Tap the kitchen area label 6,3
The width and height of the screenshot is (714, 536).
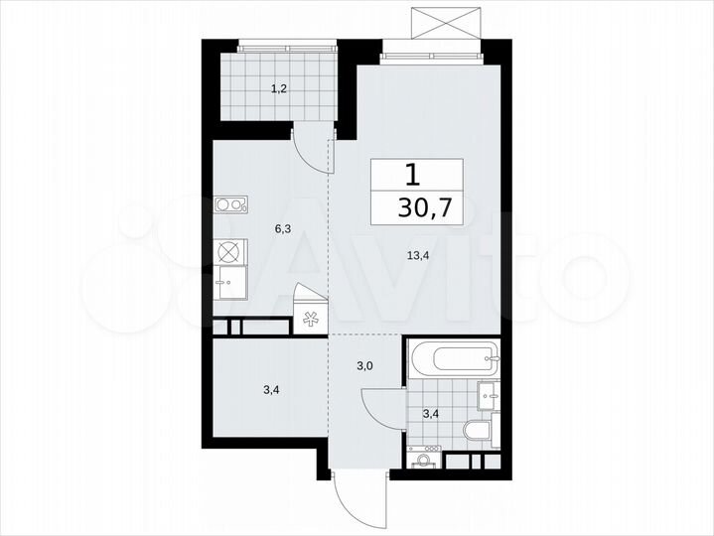coord(283,227)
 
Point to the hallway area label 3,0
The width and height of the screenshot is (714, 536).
coord(365,366)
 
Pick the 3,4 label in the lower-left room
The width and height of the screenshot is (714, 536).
coord(271,390)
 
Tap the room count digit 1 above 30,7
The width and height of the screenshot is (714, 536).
coord(412,176)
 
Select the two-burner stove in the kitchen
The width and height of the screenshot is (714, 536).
coord(230,205)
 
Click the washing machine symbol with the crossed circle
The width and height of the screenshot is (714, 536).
coord(229,251)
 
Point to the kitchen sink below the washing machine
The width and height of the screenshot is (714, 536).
coord(230,280)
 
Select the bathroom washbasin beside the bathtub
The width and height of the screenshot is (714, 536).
coord(488,393)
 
